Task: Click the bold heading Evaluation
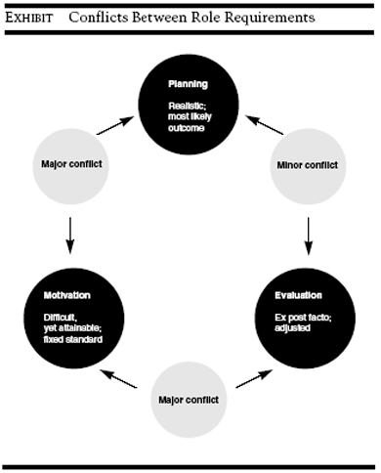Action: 298,295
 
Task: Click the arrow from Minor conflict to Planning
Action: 264,124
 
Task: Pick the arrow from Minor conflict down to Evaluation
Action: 310,232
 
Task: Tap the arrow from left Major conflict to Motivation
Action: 70,232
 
